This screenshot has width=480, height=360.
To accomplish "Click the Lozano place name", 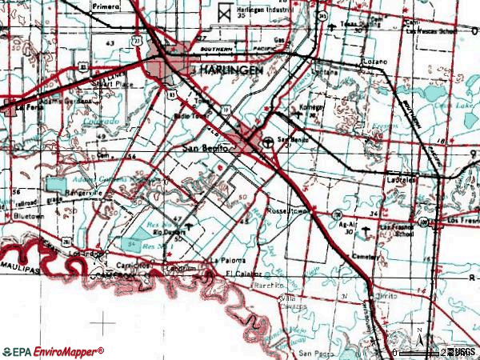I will [x=374, y=62].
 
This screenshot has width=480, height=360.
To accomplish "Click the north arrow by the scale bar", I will [x=418, y=336].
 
